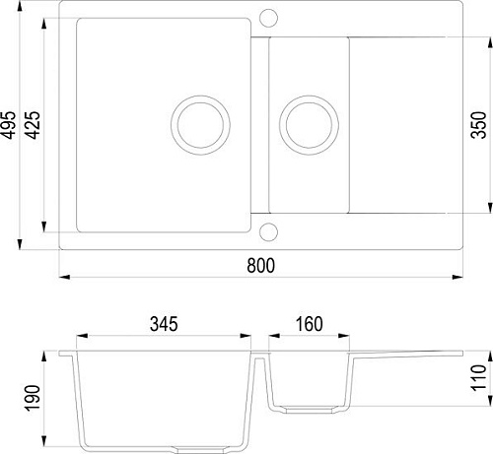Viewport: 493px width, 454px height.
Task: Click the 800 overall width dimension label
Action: pyautogui.click(x=260, y=266)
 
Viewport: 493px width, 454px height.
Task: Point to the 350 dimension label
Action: pyautogui.click(x=481, y=123)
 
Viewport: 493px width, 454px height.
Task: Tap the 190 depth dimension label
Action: pyautogui.click(x=33, y=399)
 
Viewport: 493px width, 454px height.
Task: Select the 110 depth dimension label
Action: pyautogui.click(x=480, y=377)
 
